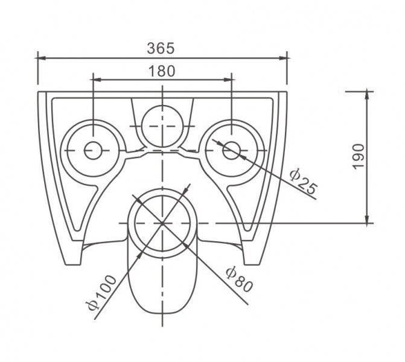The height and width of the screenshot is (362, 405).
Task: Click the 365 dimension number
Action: (x=161, y=48)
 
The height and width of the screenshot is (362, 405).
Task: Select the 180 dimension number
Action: (x=162, y=71)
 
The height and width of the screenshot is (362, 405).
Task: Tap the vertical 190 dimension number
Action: (x=359, y=157)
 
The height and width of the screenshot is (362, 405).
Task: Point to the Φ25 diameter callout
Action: (x=303, y=182)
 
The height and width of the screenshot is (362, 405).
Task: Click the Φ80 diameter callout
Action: (x=239, y=279)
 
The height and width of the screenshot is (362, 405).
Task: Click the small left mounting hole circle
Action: (x=93, y=150)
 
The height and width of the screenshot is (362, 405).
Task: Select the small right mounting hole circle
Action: (x=231, y=150)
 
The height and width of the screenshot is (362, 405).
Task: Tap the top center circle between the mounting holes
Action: (x=162, y=126)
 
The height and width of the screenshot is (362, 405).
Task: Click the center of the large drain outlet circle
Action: (x=162, y=223)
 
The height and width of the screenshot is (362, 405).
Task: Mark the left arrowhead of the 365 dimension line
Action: (x=41, y=58)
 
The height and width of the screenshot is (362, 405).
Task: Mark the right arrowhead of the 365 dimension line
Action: (x=283, y=58)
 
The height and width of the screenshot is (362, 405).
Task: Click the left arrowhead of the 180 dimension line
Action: (x=97, y=80)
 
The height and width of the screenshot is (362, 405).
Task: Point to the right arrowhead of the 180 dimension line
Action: (x=228, y=80)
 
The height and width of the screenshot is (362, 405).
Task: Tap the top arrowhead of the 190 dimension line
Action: (x=367, y=95)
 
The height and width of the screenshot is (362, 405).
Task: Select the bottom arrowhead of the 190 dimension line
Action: (x=367, y=219)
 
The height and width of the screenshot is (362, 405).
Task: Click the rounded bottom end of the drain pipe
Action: (x=162, y=313)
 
